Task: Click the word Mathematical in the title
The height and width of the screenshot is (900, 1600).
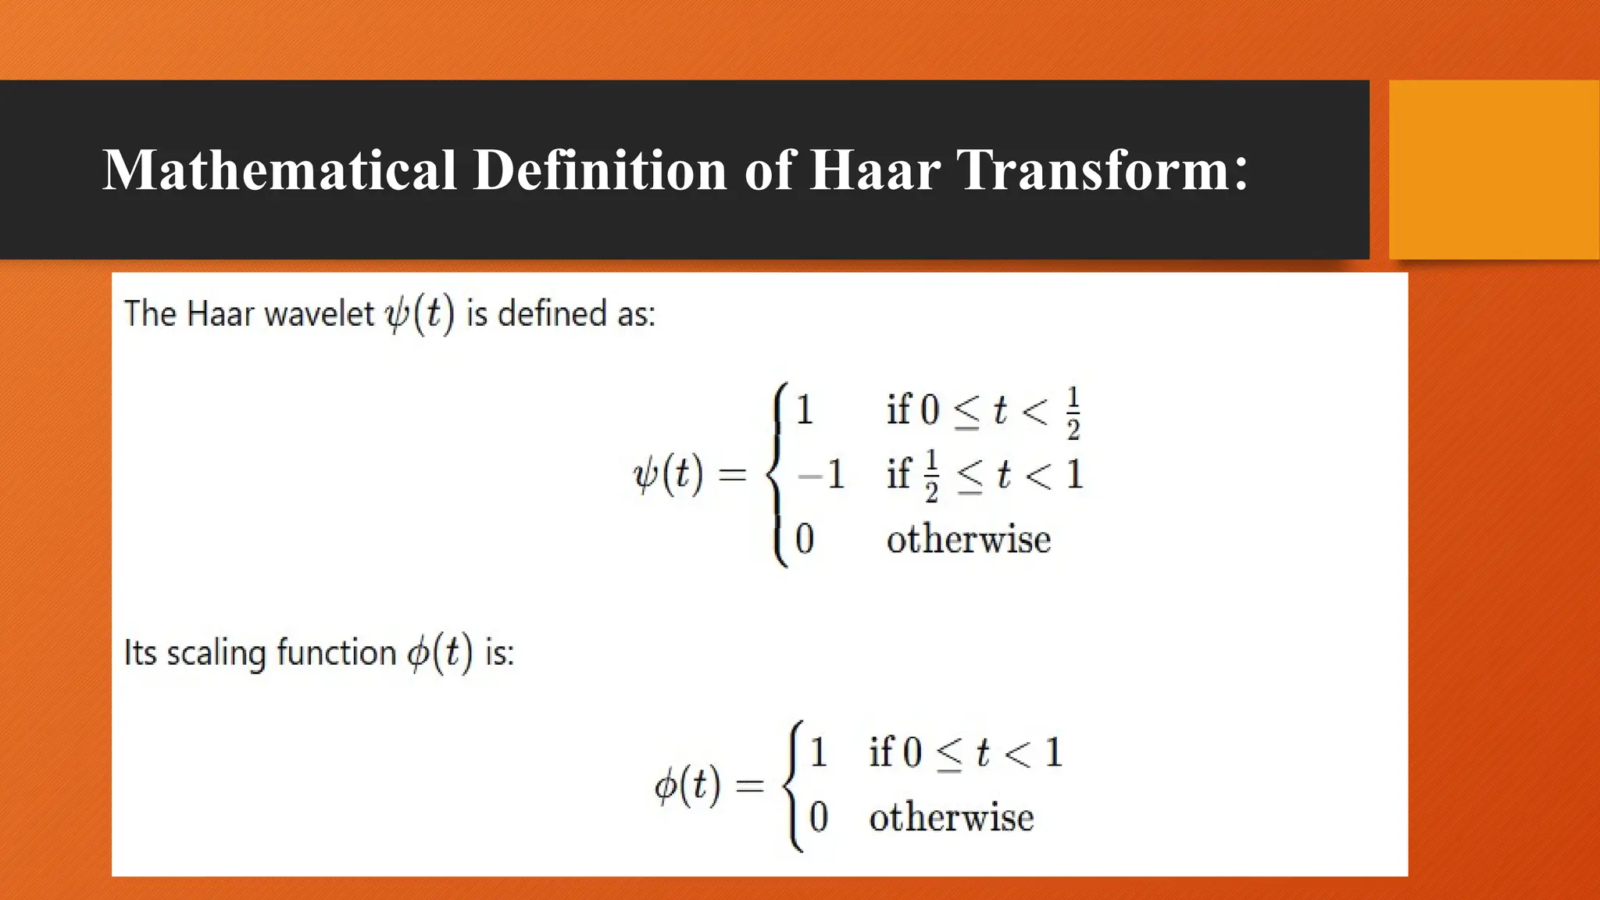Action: [279, 170]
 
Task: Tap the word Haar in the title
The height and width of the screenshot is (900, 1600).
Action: [874, 170]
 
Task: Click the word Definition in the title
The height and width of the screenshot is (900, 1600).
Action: [600, 170]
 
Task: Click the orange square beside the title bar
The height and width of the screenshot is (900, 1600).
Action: [1494, 170]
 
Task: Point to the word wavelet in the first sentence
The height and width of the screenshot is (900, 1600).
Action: [320, 314]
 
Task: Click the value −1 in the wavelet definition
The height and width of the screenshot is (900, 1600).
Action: [821, 474]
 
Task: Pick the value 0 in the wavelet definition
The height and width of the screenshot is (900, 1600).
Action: [805, 539]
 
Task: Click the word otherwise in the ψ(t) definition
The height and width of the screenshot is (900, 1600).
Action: [969, 539]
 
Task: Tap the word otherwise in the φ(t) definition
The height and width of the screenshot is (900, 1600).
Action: [952, 817]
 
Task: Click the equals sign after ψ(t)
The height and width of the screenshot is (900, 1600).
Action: [732, 474]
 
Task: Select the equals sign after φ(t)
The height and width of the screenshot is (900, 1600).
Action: [749, 785]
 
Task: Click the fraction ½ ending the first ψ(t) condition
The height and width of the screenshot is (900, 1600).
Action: [1073, 413]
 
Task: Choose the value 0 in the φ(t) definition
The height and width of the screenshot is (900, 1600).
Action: [818, 817]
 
